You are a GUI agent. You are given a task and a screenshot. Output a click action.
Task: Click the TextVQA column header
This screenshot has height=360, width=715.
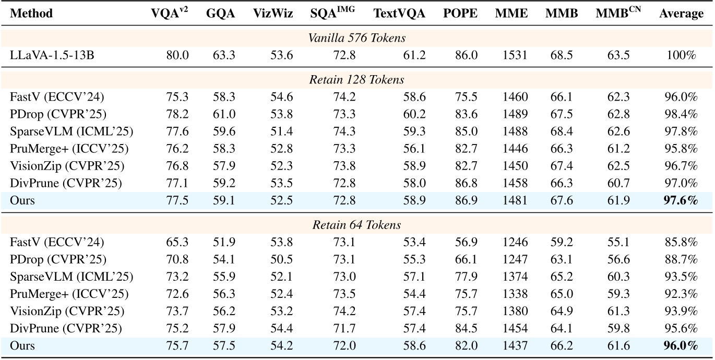[x=399, y=14]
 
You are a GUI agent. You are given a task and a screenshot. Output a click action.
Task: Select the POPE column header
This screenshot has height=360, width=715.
[x=460, y=14]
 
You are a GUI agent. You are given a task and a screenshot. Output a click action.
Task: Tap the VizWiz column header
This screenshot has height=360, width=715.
[x=270, y=14]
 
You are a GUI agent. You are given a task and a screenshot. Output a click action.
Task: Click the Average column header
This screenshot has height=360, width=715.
[x=681, y=14]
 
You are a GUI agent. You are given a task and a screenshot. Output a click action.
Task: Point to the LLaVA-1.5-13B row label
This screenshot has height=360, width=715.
[x=52, y=55]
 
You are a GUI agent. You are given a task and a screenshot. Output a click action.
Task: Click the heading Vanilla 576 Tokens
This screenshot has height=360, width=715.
[x=357, y=39]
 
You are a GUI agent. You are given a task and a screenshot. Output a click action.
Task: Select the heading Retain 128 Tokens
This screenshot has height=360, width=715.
[x=357, y=80]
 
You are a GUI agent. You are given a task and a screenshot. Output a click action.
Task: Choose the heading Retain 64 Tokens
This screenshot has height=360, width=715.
[x=357, y=225]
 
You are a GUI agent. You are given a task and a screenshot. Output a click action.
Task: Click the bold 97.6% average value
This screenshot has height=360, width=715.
[x=682, y=199]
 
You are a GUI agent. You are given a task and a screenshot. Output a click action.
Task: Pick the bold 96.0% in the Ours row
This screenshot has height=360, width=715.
[x=682, y=345]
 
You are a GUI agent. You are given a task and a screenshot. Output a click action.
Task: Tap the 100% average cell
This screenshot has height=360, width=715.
[x=682, y=55]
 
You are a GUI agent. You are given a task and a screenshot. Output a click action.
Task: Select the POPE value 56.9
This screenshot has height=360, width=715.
[x=460, y=242]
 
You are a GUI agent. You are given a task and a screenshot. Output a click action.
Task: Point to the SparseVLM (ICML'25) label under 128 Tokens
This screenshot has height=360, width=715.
[x=71, y=131]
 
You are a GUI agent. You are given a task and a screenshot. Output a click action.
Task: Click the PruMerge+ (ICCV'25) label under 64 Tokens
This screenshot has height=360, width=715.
[x=69, y=294]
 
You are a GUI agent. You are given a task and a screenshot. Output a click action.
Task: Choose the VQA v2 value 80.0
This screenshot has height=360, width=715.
[x=177, y=55]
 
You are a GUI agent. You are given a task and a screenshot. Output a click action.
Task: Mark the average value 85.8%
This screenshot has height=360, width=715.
[x=682, y=242]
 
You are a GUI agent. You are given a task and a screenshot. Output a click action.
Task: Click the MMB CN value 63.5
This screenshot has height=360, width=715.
[x=617, y=55]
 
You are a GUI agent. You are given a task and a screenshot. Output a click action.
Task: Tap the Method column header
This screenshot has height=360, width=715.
[x=31, y=14]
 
